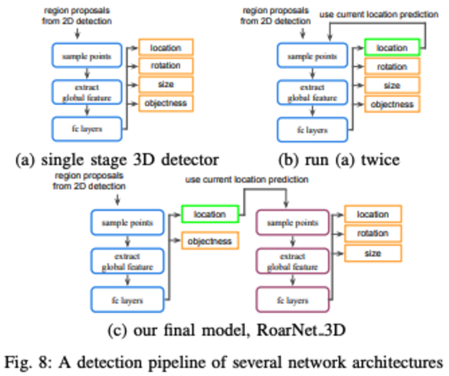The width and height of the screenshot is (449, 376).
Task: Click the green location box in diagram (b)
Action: tap(391, 47)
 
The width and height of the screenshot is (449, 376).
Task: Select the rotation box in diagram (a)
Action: tap(166, 66)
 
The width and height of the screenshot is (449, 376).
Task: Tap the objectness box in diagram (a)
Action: tap(166, 102)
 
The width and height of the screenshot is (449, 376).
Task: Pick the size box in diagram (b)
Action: tap(391, 85)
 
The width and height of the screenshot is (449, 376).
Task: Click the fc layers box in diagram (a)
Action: tap(87, 128)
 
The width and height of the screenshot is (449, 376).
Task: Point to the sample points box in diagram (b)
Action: tap(312, 57)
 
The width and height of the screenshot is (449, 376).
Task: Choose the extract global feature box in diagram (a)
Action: tap(87, 92)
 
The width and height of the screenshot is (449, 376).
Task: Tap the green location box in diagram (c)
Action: tap(210, 214)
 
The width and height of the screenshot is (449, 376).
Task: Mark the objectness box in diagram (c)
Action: tap(210, 241)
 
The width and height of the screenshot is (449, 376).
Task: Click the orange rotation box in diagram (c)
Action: tap(372, 233)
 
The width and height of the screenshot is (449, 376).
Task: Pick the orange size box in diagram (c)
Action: tap(372, 253)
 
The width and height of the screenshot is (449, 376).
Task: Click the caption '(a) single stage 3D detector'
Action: tap(116, 159)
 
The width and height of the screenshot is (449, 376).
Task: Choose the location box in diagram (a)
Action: tap(166, 48)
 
